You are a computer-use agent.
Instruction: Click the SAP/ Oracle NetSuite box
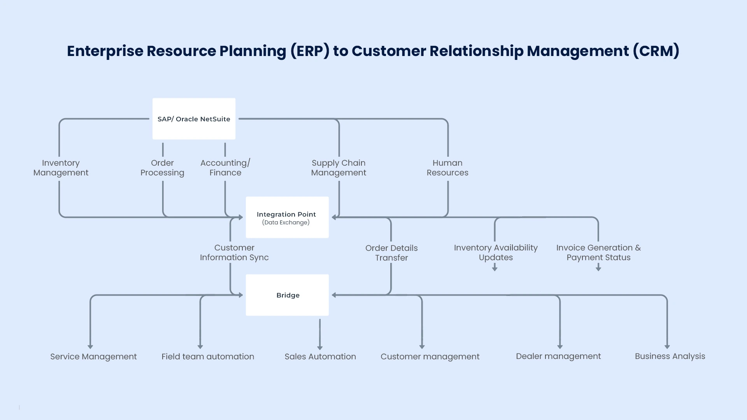(x=194, y=119)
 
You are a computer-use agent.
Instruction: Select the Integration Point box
(x=287, y=217)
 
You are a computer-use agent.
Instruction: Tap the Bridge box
(x=287, y=295)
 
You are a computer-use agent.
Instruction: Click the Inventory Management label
(x=61, y=168)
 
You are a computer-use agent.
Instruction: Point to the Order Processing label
(x=162, y=168)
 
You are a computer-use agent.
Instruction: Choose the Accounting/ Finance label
(x=225, y=168)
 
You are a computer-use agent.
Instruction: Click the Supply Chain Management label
(x=338, y=168)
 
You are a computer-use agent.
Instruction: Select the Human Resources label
(x=447, y=168)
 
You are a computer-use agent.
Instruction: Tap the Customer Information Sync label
(x=234, y=252)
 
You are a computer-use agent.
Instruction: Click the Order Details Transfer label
(x=391, y=253)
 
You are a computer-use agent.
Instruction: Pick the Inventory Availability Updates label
(x=496, y=252)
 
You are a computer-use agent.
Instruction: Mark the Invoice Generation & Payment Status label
(x=598, y=252)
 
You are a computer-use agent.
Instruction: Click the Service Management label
(x=93, y=357)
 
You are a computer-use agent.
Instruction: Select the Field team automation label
(x=208, y=357)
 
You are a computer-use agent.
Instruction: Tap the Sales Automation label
(x=320, y=357)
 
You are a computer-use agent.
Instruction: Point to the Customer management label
(x=430, y=357)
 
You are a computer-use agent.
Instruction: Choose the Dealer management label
(x=558, y=356)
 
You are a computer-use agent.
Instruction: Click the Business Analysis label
(x=670, y=356)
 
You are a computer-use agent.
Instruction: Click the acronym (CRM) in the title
(x=656, y=51)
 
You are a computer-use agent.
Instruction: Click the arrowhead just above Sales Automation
(x=320, y=348)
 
